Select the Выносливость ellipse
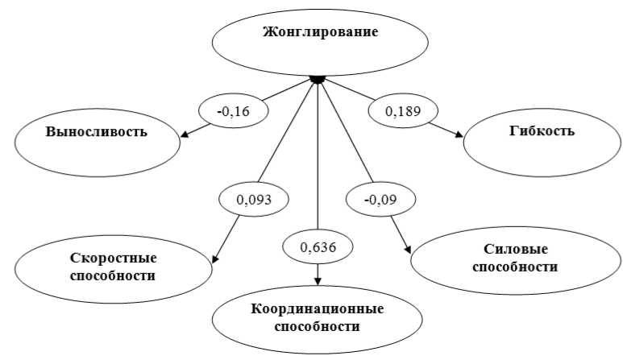click(97, 133)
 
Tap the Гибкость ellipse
click(541, 134)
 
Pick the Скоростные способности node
click(102, 267)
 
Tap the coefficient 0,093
click(255, 197)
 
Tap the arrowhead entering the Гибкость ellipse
click(459, 136)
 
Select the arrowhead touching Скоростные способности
click(215, 259)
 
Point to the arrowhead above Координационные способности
click(318, 280)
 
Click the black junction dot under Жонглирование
click(318, 79)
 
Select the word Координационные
click(317, 309)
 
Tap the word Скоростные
click(102, 259)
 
